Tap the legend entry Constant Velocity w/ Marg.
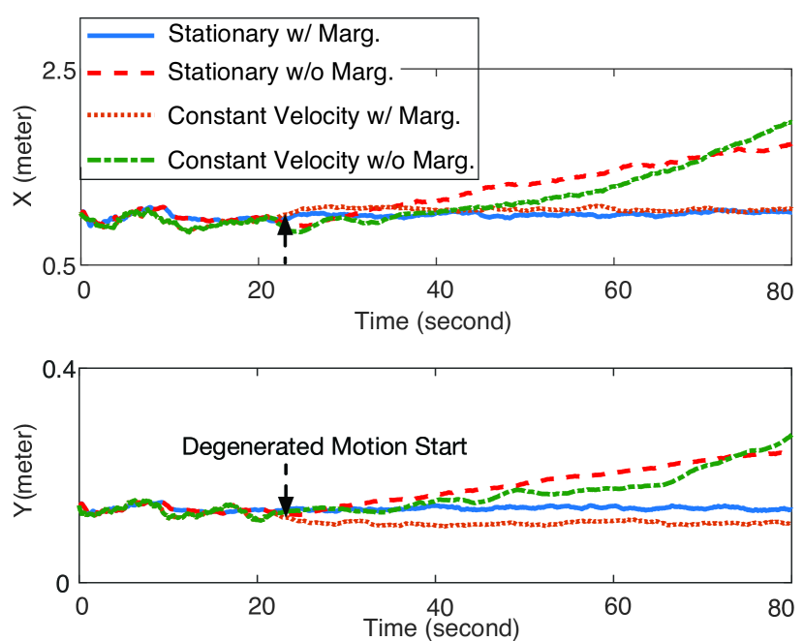coord(312,115)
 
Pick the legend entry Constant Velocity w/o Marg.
coord(320,158)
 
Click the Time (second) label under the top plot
coord(432,319)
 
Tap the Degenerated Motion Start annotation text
coord(325,446)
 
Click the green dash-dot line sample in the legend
coord(120,158)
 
